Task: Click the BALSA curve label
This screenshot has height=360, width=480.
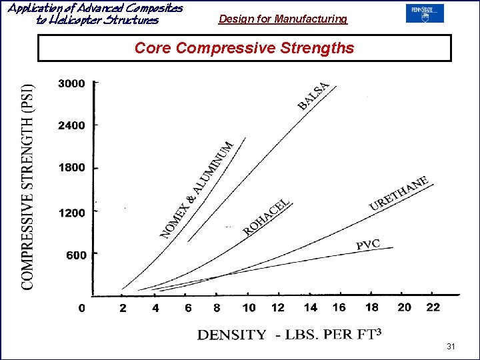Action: pyautogui.click(x=313, y=96)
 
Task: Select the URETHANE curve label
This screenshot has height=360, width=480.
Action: pyautogui.click(x=399, y=194)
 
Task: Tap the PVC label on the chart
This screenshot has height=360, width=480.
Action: pyautogui.click(x=367, y=245)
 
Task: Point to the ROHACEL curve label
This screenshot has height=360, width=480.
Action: pyautogui.click(x=267, y=217)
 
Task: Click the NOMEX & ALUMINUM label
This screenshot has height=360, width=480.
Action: pyautogui.click(x=197, y=189)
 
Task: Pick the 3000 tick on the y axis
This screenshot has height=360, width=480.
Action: pyautogui.click(x=71, y=83)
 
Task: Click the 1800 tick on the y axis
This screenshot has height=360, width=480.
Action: pyautogui.click(x=71, y=167)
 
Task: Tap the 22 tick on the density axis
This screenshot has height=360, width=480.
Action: pyautogui.click(x=433, y=307)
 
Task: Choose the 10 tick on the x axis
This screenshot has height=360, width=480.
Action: pyautogui.click(x=249, y=307)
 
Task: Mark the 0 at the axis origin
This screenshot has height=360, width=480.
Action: pyautogui.click(x=82, y=307)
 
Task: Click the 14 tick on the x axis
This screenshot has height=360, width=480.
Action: pyautogui.click(x=311, y=307)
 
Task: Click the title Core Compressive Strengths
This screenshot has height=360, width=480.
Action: pyautogui.click(x=244, y=48)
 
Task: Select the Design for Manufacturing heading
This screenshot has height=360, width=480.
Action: pyautogui.click(x=283, y=19)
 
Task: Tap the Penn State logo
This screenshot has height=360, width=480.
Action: pyautogui.click(x=424, y=13)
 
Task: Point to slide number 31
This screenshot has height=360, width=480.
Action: pyautogui.click(x=451, y=347)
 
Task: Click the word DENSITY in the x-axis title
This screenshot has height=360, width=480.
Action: pyautogui.click(x=231, y=335)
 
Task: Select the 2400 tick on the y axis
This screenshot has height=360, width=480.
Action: pyautogui.click(x=71, y=125)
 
